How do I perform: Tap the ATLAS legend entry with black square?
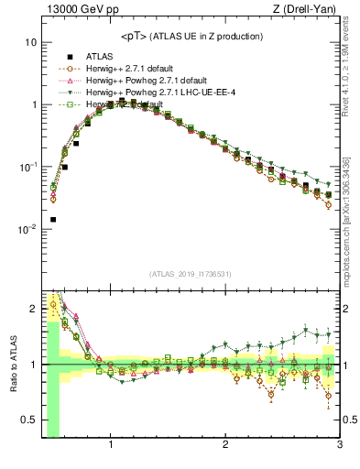click(x=95, y=56)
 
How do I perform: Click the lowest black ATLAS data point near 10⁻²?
click(x=53, y=220)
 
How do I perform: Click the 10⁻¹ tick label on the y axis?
click(x=27, y=167)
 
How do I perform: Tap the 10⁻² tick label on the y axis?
click(x=27, y=229)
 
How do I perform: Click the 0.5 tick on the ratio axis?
click(x=29, y=420)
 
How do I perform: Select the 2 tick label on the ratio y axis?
click(x=33, y=309)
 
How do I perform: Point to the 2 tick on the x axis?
click(x=225, y=447)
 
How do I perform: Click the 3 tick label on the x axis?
click(x=339, y=447)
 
